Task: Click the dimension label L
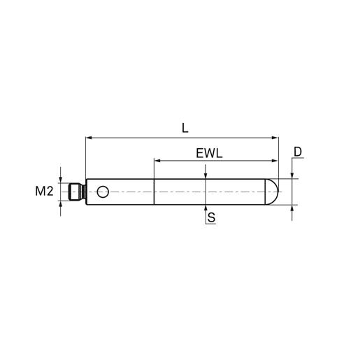coord(185,129)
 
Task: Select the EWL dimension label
coord(209,154)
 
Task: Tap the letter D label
coord(298,152)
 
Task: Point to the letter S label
coord(211,217)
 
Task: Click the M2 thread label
coord(44,192)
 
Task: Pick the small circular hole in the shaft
coord(103,192)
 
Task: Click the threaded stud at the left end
coord(78,192)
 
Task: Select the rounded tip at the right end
coord(272,192)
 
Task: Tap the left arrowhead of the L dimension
coord(89,138)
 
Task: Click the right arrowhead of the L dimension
coord(275,138)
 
